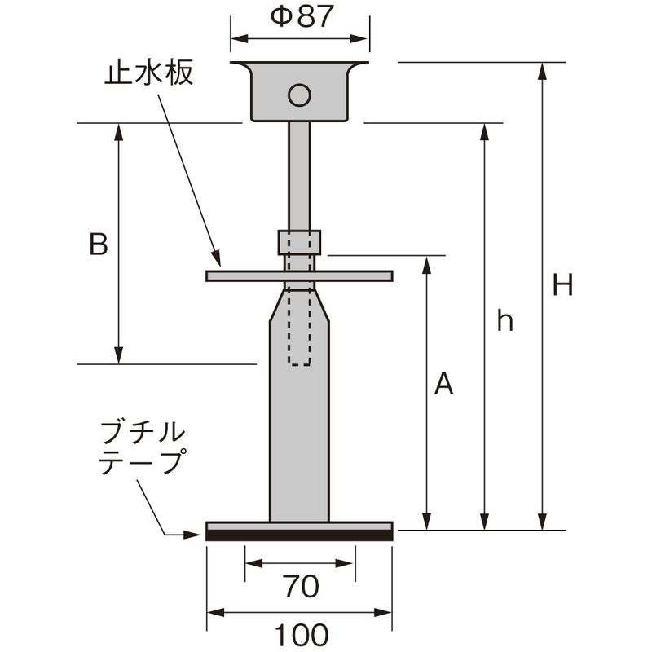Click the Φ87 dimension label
(x=301, y=17)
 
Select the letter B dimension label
(x=99, y=244)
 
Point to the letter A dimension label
(x=443, y=383)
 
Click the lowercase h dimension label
(x=505, y=322)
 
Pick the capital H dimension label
(x=562, y=285)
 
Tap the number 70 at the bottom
(x=300, y=585)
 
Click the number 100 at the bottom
(x=300, y=633)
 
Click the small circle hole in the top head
(x=299, y=95)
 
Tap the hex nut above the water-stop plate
(x=299, y=242)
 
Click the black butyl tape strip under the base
(x=299, y=535)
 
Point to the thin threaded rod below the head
(x=299, y=175)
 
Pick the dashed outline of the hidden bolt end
(x=299, y=342)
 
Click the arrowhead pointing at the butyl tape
(x=195, y=535)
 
